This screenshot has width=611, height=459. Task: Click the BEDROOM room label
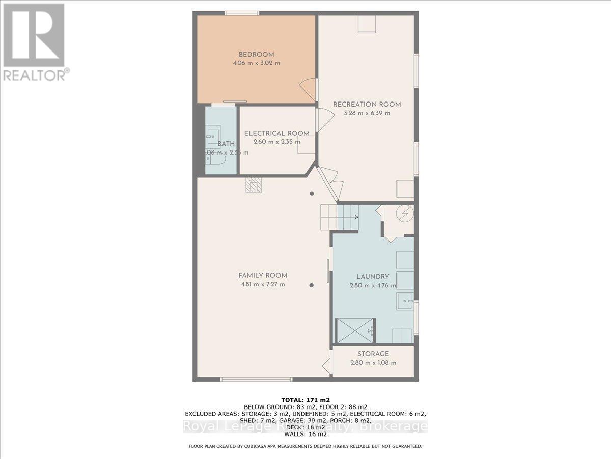point(257,55)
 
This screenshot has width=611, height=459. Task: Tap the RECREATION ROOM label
point(367,105)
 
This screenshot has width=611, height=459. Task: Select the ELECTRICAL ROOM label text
point(276,134)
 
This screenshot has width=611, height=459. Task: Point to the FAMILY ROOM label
point(263,275)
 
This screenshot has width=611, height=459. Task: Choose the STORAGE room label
point(373,354)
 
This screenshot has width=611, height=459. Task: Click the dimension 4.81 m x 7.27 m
point(263,284)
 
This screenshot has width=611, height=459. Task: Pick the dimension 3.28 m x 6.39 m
point(367,113)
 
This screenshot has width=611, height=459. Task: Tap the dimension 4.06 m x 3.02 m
point(257,63)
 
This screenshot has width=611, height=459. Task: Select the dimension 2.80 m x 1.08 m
point(373,363)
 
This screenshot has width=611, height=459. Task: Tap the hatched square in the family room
point(253,185)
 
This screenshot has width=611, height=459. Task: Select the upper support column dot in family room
point(312,194)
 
